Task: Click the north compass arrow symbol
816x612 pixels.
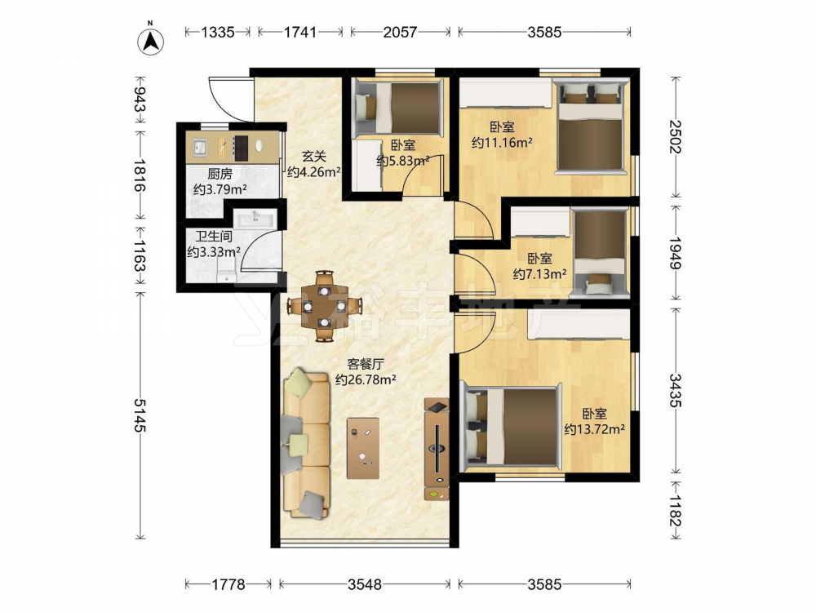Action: [151, 41]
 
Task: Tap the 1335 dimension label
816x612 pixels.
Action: [218, 33]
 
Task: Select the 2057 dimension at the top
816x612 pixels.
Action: [400, 33]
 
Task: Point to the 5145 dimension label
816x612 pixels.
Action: [140, 415]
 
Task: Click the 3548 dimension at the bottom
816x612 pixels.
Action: [364, 584]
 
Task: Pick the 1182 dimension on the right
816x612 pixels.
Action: [676, 511]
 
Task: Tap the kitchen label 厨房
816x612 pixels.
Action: [220, 174]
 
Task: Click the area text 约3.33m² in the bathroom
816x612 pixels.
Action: [213, 252]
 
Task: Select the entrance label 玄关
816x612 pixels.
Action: [314, 156]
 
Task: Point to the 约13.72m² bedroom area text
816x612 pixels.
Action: [594, 429]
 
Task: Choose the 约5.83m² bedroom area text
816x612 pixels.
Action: [403, 161]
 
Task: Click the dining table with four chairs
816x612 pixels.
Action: [324, 306]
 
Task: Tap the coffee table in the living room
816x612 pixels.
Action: [363, 447]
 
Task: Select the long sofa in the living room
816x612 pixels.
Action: [306, 443]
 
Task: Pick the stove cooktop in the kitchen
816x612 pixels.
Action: [241, 147]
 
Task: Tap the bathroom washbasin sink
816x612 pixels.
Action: [255, 218]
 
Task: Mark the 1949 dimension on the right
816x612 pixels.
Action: [676, 254]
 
